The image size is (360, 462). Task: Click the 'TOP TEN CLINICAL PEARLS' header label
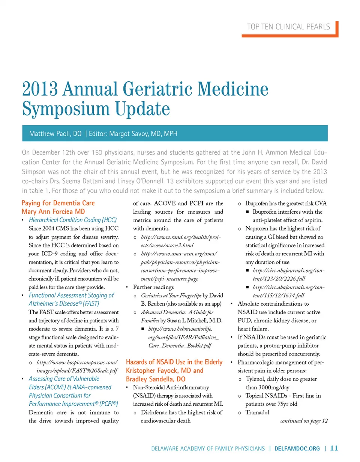point(288,27)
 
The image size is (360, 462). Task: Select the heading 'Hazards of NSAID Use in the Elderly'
point(174,363)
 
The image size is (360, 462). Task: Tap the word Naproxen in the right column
point(258,229)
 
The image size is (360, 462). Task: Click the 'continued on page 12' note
point(304,421)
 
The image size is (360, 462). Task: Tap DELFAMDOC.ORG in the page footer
point(298,448)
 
